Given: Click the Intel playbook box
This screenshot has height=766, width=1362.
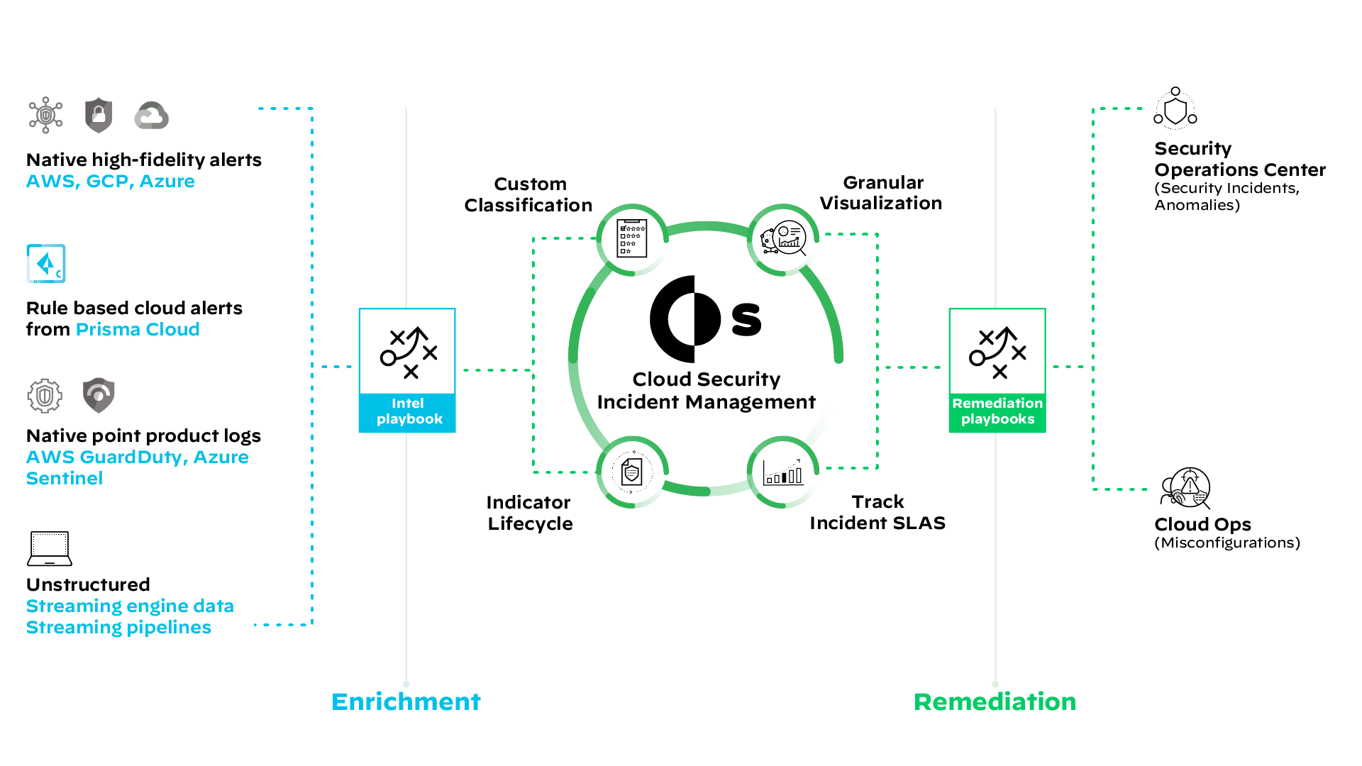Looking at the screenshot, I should coord(407,370).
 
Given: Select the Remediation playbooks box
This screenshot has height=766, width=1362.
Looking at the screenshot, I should coord(997,370).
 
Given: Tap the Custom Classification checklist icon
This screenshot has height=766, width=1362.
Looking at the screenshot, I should coord(631,239).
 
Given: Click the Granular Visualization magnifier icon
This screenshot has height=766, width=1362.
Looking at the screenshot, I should coord(784,239).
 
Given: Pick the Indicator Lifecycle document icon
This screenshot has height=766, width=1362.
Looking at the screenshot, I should coord(631,472).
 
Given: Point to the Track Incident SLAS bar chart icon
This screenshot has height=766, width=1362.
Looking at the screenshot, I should coord(783,472).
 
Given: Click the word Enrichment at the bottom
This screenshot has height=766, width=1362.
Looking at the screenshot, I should coord(406,701).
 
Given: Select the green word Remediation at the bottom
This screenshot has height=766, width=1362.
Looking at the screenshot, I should coord(995,701).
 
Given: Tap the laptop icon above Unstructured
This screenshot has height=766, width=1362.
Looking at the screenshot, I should coord(50,549).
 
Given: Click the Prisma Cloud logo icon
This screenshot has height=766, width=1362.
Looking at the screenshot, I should coord(46,264).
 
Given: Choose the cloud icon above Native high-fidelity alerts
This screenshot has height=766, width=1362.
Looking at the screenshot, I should coord(152,116).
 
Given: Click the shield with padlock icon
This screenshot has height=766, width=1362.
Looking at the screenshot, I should coord(99,115).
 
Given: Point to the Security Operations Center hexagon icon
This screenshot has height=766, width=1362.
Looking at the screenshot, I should coord(1175,109).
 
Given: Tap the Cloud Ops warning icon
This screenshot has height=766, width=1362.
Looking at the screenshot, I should coord(1186,488).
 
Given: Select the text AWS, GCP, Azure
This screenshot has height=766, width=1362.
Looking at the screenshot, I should coord(110,182).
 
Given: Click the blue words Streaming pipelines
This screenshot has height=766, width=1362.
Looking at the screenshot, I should coord(118,628).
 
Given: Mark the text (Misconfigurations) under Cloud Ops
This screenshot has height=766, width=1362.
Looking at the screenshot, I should coord(1227,543).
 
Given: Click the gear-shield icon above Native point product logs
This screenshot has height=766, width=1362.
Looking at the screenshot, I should coord(45,395).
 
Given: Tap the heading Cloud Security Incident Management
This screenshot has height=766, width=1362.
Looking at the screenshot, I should coord(706,391).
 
